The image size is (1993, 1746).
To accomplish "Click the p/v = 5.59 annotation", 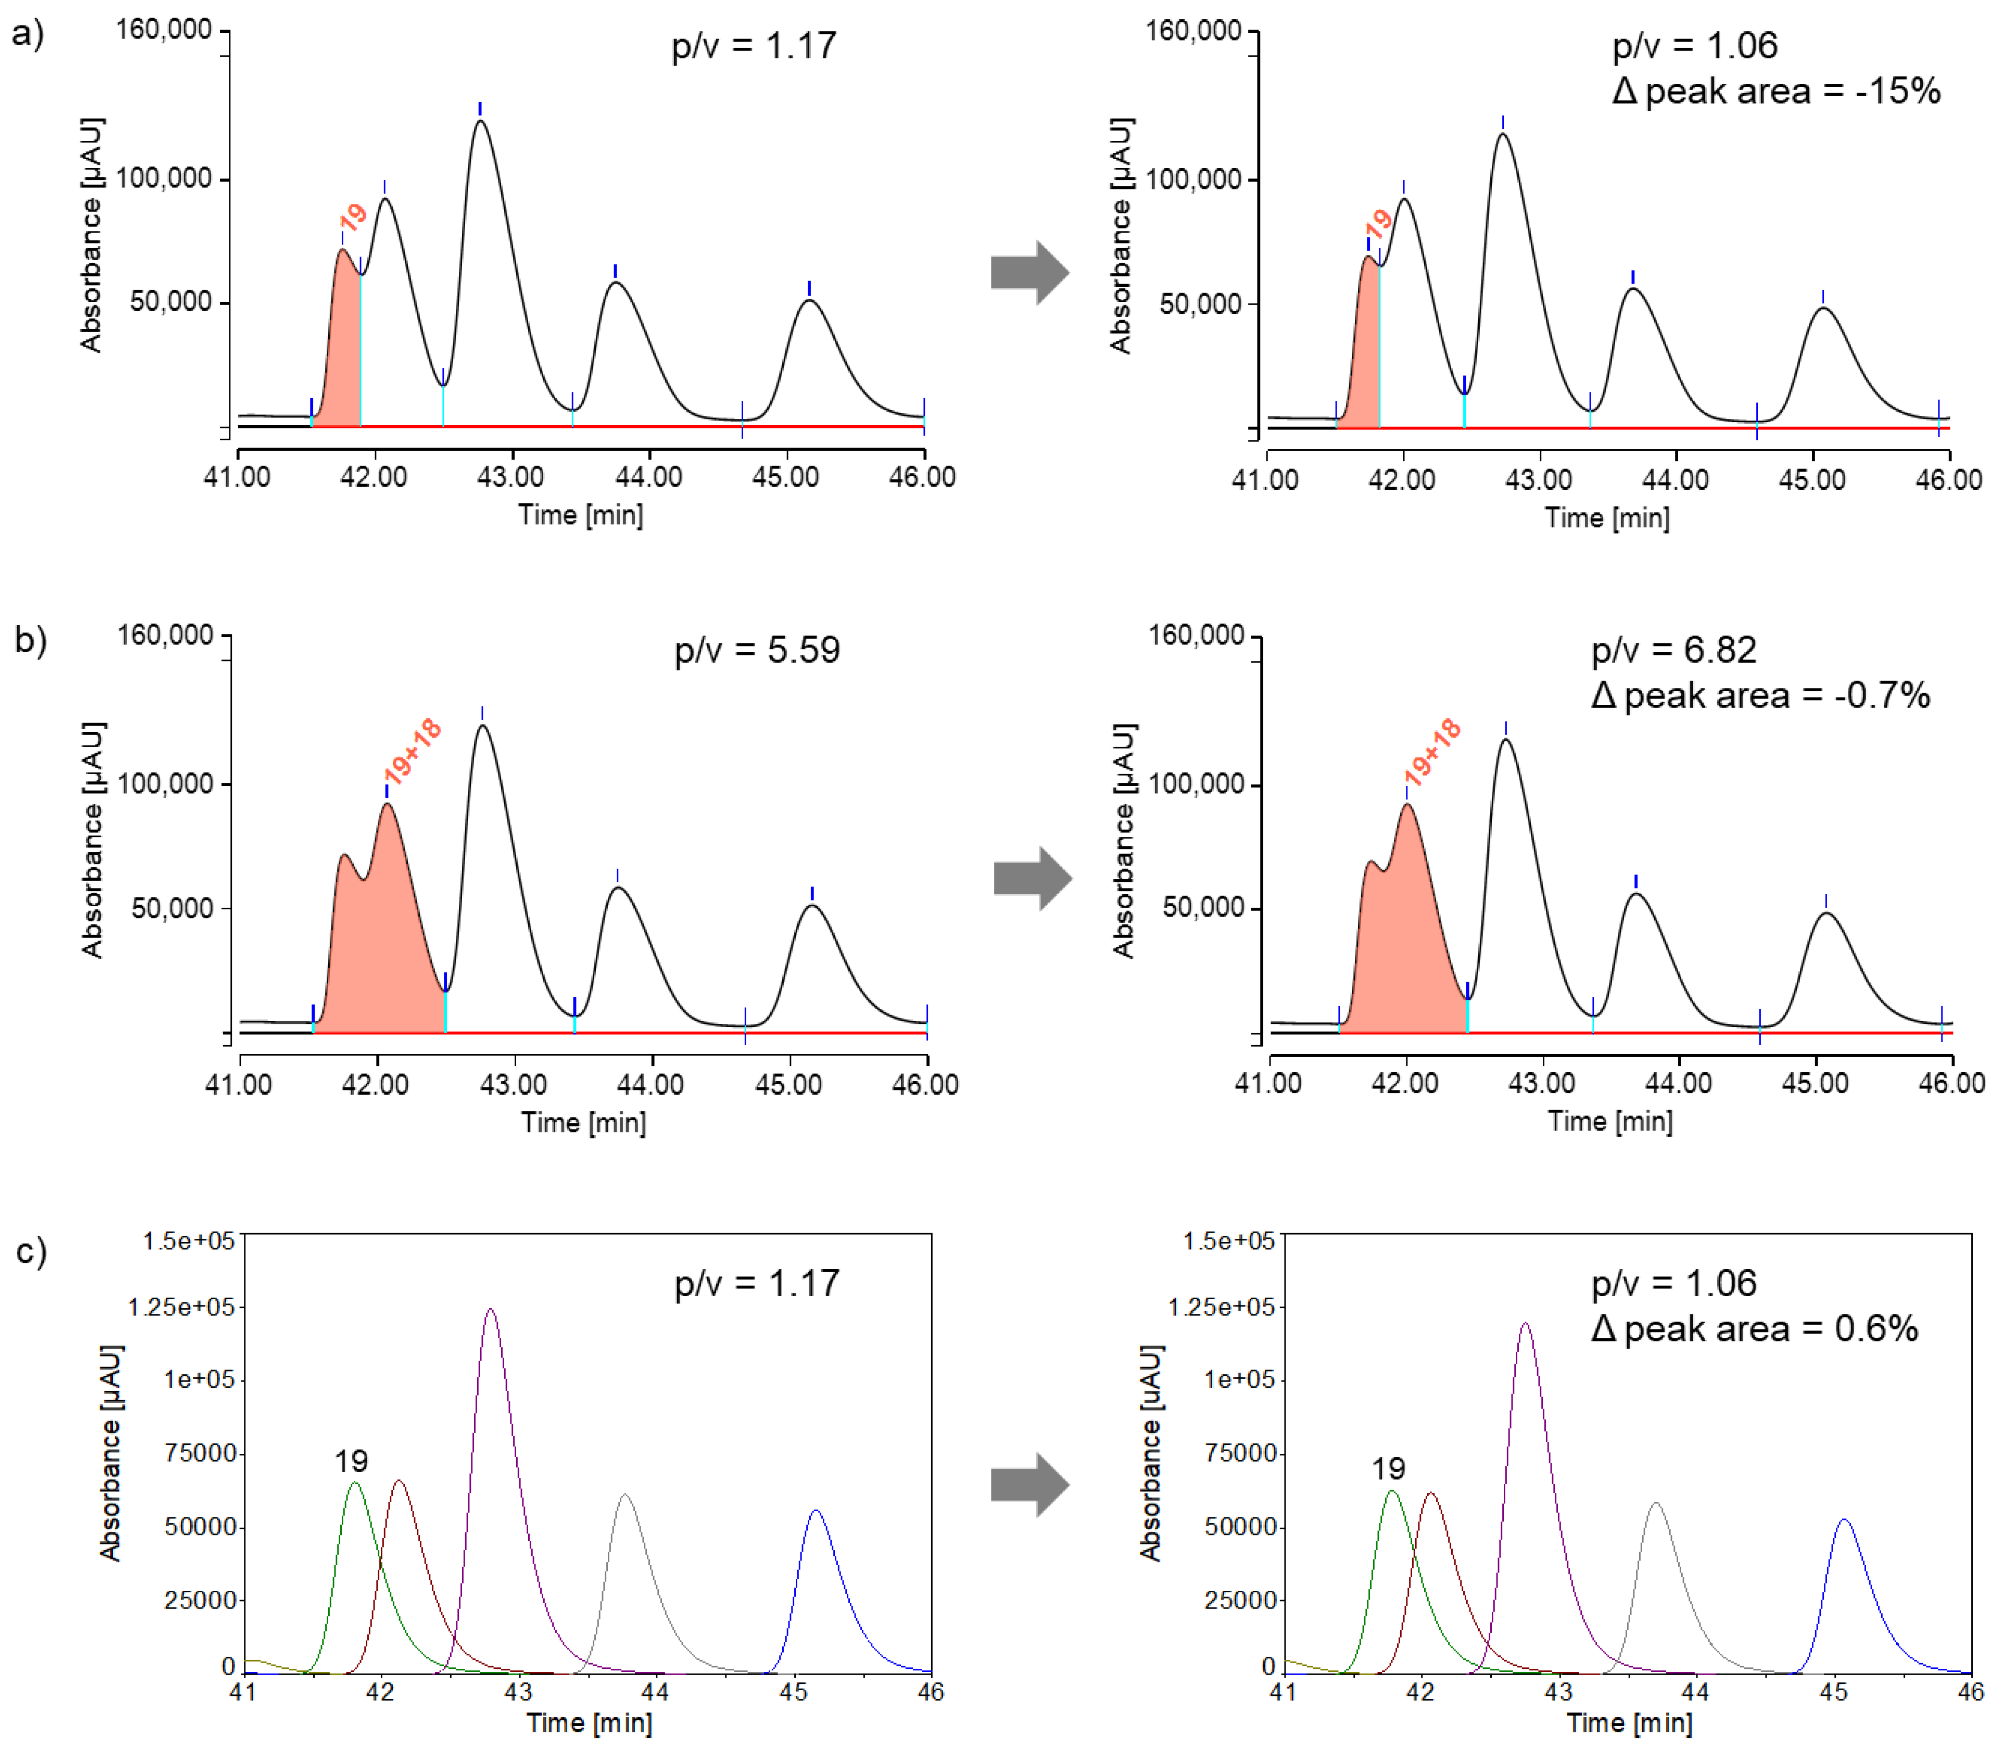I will click(x=757, y=650).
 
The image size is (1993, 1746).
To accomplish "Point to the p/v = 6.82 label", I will click(x=1673, y=650).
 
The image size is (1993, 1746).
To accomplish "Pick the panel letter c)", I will click(x=31, y=1251).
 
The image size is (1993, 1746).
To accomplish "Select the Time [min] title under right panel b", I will click(x=1610, y=1121).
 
